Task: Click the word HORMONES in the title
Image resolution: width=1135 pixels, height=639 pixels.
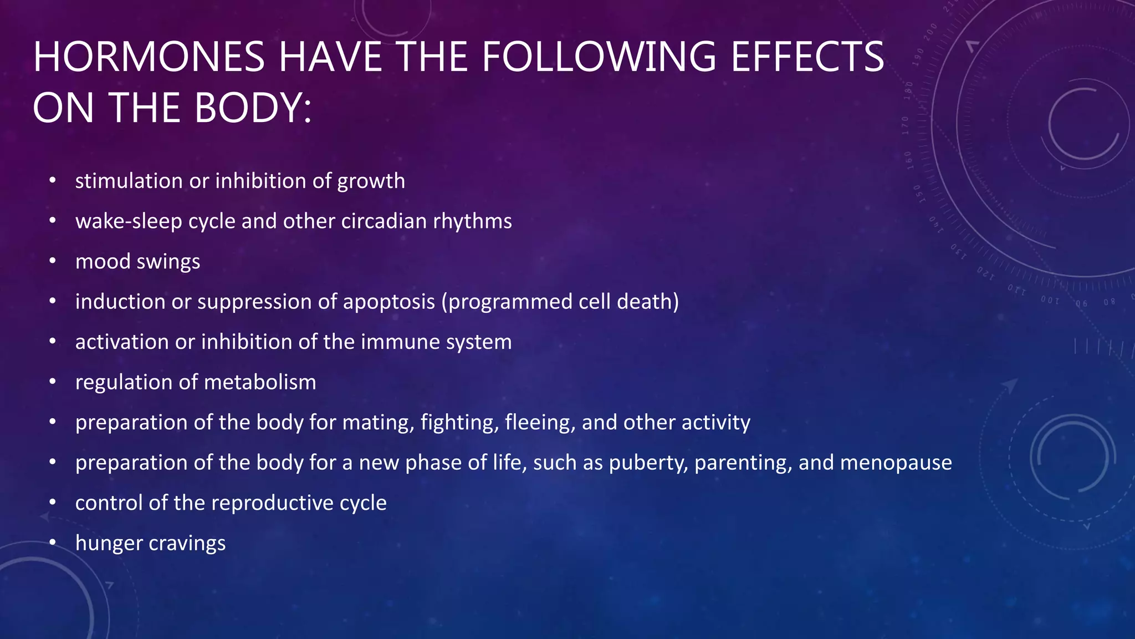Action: pos(149,57)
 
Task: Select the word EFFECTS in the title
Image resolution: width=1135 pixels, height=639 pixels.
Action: pos(807,57)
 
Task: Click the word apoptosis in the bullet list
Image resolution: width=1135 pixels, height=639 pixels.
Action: pos(389,302)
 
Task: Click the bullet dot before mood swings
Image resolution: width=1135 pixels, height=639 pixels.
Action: pos(53,261)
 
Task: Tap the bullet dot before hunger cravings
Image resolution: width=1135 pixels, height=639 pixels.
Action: pos(53,542)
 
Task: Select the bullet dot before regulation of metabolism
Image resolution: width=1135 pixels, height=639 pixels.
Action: pos(53,382)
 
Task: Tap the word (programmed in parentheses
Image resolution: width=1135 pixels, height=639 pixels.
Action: pos(507,302)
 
